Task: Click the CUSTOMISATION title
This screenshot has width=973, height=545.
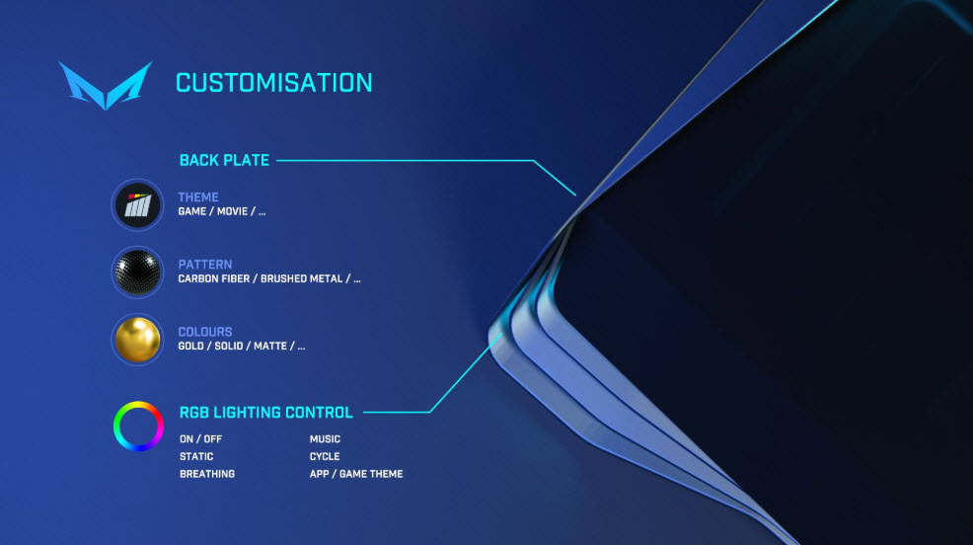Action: point(273,83)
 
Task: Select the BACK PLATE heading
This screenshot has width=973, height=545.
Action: point(224,160)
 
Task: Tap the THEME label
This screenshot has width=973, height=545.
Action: point(198,197)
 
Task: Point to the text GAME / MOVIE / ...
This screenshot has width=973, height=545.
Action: point(217,211)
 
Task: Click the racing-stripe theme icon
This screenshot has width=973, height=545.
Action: point(137,204)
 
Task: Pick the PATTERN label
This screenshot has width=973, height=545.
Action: point(205,265)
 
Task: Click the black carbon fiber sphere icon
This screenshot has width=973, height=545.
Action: point(137,272)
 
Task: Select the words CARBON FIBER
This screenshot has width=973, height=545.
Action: point(214,278)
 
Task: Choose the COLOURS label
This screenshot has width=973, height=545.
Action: point(205,332)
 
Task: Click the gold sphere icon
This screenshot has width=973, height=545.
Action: point(137,340)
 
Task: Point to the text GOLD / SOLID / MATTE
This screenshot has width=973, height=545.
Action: point(232,346)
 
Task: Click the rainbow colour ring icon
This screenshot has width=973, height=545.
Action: point(115,427)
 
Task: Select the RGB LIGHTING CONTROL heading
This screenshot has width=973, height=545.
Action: point(265,413)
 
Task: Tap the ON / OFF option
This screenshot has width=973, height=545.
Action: point(200,438)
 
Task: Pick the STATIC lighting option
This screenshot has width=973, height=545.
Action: point(196,456)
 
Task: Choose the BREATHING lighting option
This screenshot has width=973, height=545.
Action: point(206,474)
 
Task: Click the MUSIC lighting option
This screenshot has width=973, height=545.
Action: point(325,438)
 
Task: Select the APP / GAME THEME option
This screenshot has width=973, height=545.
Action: point(356,474)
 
